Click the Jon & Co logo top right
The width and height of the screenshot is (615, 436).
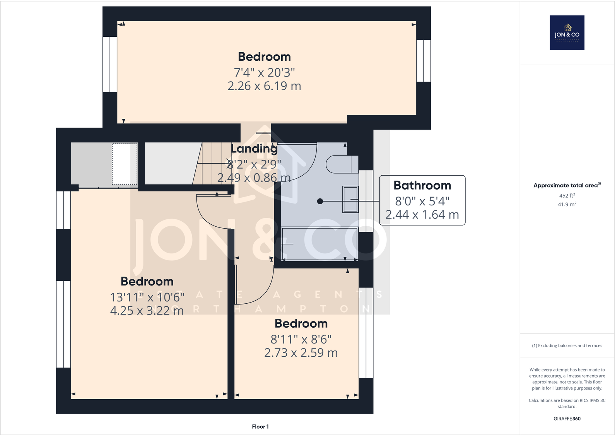pos(567,32)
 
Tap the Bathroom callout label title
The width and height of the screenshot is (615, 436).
pos(422,185)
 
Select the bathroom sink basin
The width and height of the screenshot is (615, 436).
pos(350,199)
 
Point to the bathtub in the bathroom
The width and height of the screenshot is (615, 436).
pos(319,244)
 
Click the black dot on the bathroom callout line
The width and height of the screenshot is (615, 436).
pos(320,201)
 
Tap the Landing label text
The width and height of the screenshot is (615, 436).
pos(254,149)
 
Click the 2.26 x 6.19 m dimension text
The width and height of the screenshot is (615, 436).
pos(264,86)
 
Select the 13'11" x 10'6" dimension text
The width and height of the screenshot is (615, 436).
pos(147,297)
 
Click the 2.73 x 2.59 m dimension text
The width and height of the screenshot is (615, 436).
pos(301,353)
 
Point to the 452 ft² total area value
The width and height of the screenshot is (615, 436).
pos(567,196)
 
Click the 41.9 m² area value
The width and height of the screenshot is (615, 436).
pos(567,204)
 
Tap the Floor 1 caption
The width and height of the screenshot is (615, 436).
pos(260,427)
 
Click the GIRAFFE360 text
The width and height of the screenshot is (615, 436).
pos(567,419)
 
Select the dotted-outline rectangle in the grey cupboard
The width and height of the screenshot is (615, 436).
pos(125,164)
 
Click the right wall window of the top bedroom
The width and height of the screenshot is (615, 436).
pos(424,61)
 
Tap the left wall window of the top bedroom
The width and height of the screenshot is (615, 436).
pos(110,64)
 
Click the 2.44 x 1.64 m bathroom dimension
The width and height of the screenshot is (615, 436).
pos(422,215)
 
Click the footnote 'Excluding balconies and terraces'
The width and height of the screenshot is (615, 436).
pos(567,345)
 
